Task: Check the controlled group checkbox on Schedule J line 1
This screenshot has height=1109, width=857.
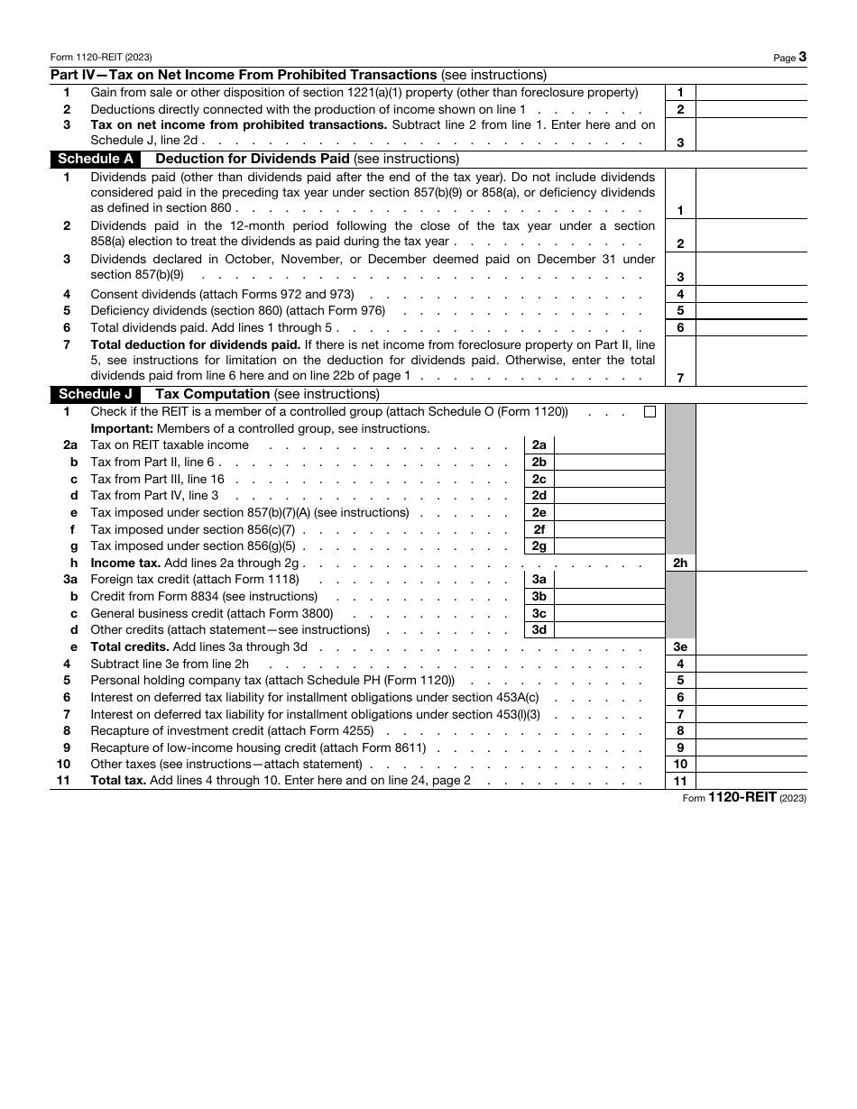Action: tap(650, 412)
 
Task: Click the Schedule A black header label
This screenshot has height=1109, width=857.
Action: tap(96, 159)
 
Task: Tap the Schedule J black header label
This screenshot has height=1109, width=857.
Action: tap(96, 394)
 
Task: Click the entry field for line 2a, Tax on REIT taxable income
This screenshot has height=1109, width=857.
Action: tap(609, 445)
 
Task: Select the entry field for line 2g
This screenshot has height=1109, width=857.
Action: tap(609, 545)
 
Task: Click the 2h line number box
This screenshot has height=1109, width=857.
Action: tap(680, 563)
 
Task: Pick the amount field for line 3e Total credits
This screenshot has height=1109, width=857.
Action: tap(751, 646)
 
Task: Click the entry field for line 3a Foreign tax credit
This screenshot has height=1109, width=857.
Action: tap(609, 580)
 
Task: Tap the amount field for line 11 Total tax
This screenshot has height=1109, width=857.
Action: tap(751, 781)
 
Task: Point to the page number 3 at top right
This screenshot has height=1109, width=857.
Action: tap(802, 57)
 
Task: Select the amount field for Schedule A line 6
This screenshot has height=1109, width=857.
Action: tap(751, 327)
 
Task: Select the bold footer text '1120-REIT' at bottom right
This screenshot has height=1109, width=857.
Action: tap(742, 798)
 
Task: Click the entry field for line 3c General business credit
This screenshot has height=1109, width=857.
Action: tap(609, 613)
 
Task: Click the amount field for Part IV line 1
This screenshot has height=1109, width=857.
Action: tap(751, 92)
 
